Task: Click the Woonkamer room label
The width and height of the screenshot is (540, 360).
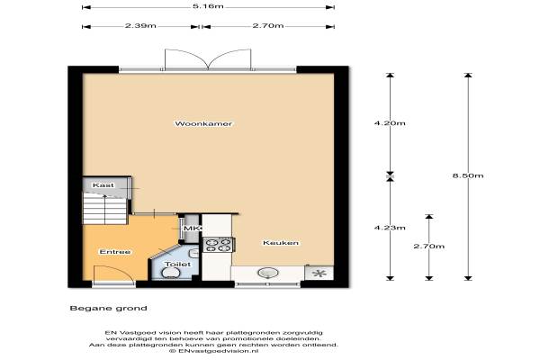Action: pyautogui.click(x=203, y=123)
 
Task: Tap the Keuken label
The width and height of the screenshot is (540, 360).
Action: pyautogui.click(x=281, y=243)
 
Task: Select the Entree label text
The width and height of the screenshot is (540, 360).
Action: pyautogui.click(x=115, y=252)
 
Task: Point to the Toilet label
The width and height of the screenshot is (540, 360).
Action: pyautogui.click(x=177, y=265)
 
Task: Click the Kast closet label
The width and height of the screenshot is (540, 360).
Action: pyautogui.click(x=103, y=185)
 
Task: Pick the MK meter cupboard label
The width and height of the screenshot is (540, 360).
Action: pyautogui.click(x=192, y=229)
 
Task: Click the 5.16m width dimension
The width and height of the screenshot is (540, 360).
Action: pyautogui.click(x=208, y=6)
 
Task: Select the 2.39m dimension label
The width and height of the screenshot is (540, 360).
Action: pyautogui.click(x=140, y=26)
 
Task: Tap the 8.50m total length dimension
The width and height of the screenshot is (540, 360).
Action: pyautogui.click(x=468, y=175)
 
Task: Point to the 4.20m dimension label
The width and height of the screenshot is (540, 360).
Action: pyautogui.click(x=390, y=123)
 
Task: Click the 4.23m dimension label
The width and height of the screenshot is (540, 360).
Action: pyautogui.click(x=390, y=228)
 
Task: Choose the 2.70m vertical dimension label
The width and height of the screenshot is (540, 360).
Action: pyautogui.click(x=429, y=247)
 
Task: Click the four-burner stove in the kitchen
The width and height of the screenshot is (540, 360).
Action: pyautogui.click(x=219, y=245)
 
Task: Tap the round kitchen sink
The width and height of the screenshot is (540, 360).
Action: pyautogui.click(x=268, y=274)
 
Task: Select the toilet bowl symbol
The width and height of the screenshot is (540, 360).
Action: pyautogui.click(x=171, y=274)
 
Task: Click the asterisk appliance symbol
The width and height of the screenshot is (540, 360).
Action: pyautogui.click(x=320, y=274)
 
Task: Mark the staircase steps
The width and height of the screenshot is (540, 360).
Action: pyautogui.click(x=105, y=209)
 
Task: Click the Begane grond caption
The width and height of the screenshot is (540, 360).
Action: pyautogui.click(x=109, y=308)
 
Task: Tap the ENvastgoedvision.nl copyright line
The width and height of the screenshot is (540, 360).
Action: pyautogui.click(x=213, y=351)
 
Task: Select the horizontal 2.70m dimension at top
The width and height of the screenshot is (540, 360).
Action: pyautogui.click(x=268, y=26)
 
